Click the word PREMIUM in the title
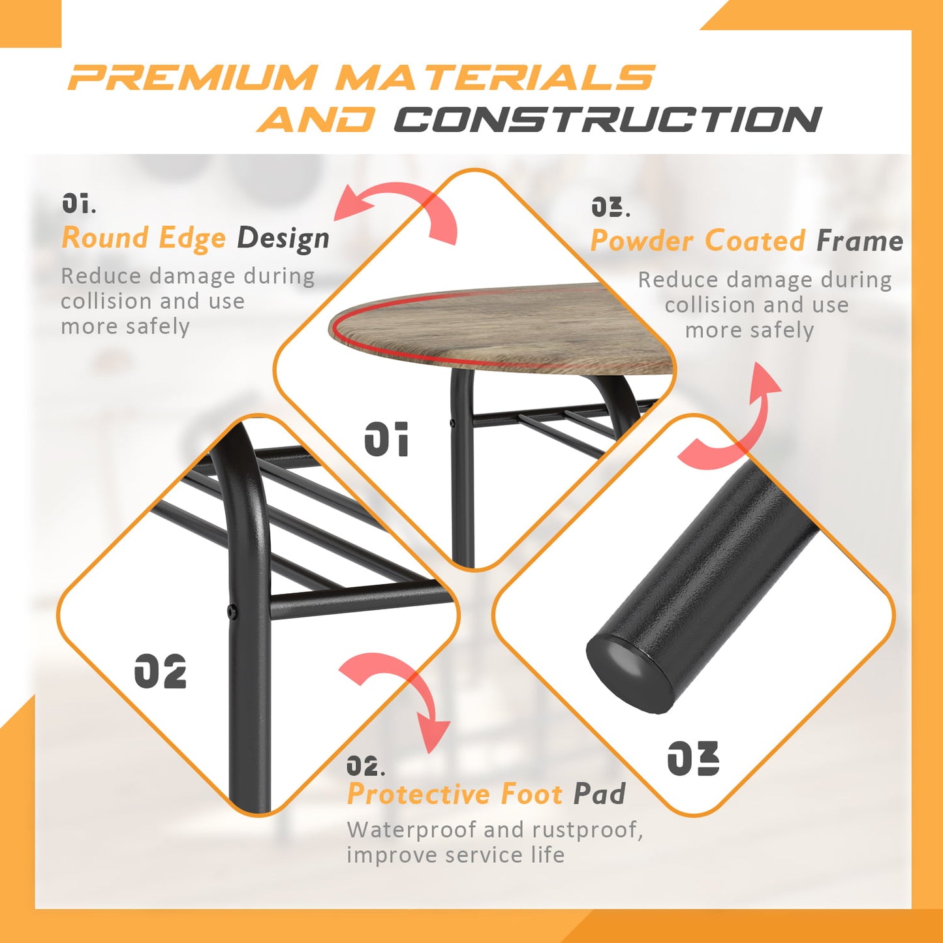[191, 77]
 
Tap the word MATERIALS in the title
[495, 77]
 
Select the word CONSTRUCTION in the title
[608, 119]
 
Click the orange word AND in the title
[316, 119]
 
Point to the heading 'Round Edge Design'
[195, 239]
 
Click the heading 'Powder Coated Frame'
[747, 241]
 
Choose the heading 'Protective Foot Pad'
[486, 794]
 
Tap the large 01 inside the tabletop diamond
[386, 439]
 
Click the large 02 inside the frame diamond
[160, 670]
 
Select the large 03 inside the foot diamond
[693, 758]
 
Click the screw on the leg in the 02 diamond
[231, 610]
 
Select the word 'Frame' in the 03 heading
[860, 241]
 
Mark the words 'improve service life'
[456, 855]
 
